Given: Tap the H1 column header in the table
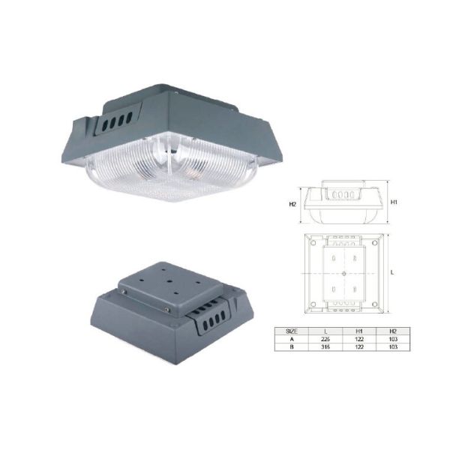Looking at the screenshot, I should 358,331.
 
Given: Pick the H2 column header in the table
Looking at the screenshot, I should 392,331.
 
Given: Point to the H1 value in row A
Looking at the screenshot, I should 358,339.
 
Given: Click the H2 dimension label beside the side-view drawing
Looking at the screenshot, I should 292,203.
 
